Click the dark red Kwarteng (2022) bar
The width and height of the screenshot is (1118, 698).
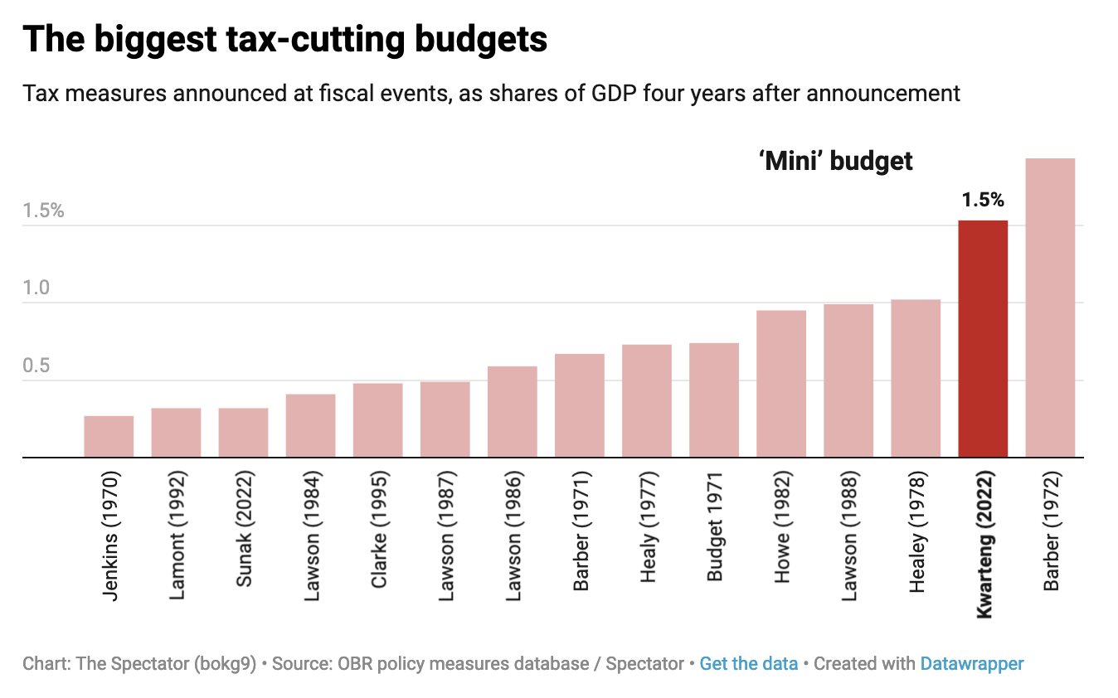(x=983, y=338)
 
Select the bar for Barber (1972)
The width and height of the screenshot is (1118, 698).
(x=1050, y=307)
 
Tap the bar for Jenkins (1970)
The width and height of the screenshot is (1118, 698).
(x=109, y=436)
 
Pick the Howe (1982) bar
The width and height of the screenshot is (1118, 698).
(x=781, y=383)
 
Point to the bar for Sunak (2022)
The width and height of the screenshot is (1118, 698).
(x=243, y=432)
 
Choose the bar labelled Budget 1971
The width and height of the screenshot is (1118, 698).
(x=714, y=400)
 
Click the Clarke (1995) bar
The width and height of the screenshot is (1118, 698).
(x=377, y=419)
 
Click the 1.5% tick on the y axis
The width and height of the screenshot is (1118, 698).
(x=43, y=211)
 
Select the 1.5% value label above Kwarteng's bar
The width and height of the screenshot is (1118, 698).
(x=983, y=200)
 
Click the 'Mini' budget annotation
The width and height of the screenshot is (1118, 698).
(x=835, y=161)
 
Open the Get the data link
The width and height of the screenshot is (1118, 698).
(x=748, y=664)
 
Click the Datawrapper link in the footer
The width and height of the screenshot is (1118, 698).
(x=972, y=664)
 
